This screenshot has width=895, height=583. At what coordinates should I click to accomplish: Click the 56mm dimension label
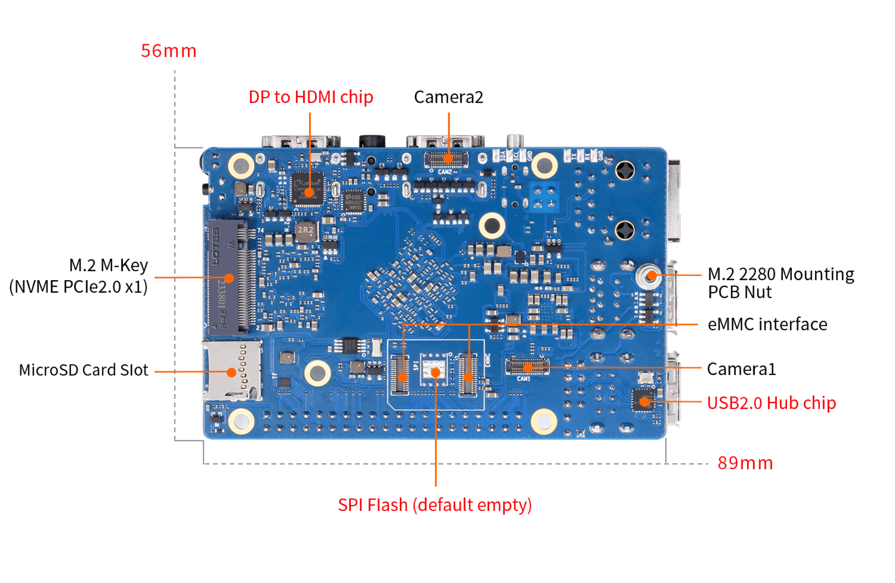coord(168,51)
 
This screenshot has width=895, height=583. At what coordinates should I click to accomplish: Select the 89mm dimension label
coord(745,463)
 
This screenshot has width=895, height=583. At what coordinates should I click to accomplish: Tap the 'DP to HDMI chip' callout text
coord(311,97)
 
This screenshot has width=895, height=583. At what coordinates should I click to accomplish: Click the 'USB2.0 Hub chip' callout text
coord(771,403)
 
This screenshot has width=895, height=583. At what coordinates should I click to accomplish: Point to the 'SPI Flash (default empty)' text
coord(435,505)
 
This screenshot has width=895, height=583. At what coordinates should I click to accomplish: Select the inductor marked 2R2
coord(306,231)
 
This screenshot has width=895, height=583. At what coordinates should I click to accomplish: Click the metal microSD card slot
coord(231,370)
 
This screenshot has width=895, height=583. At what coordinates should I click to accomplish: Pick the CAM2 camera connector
coord(446,159)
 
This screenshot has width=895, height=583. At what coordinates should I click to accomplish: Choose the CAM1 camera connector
coord(527,366)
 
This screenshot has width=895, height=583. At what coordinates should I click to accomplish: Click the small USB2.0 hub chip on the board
coord(644,401)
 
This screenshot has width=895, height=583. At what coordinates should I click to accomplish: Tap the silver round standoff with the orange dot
coord(649,276)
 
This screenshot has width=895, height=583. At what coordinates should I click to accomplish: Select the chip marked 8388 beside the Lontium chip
coord(354,201)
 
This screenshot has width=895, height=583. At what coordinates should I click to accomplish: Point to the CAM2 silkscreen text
coord(444,172)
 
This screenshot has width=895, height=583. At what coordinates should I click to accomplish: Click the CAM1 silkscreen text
coord(524,379)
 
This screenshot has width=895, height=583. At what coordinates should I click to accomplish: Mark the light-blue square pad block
coord(544,196)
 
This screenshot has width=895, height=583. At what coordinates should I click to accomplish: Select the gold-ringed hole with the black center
coord(492,226)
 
